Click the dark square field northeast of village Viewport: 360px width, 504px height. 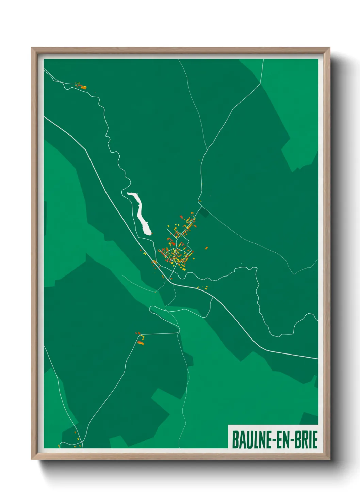tap(204, 212)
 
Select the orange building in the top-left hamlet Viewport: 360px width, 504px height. tap(83, 88)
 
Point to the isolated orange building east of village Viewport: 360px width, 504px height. tap(206, 248)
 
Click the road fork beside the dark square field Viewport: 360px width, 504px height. tap(200, 206)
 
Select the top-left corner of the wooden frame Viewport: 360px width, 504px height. tap(32, 48)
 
